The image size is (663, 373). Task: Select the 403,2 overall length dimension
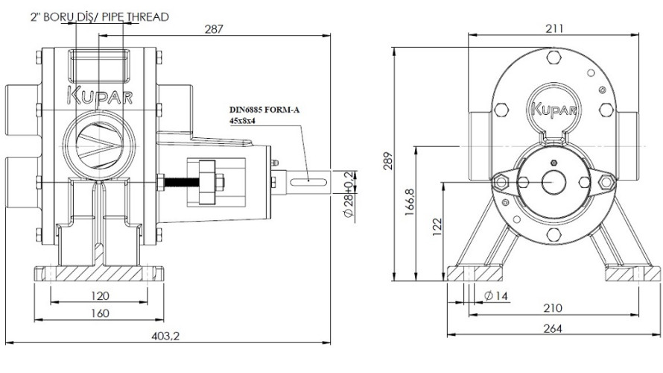[165, 336]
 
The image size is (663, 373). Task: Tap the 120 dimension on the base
[99, 295]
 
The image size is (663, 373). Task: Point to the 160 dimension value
[99, 313]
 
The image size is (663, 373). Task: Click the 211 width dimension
[553, 28]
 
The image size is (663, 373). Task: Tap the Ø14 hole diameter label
[495, 296]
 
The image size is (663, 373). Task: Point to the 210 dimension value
[553, 308]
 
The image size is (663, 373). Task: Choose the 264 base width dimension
[553, 328]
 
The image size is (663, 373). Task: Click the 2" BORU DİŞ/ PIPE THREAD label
[99, 16]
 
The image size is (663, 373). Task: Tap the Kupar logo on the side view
[99, 95]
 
